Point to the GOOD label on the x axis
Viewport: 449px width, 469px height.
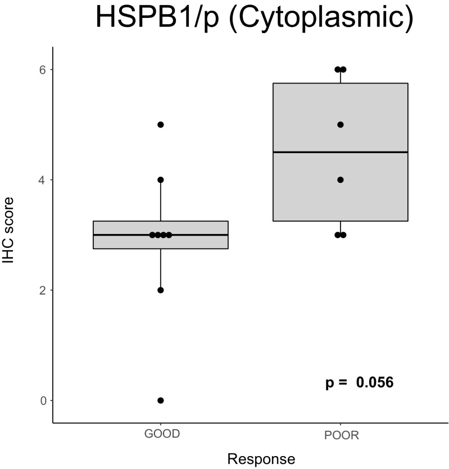coord(161,435)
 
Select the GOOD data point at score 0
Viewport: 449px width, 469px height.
coord(161,401)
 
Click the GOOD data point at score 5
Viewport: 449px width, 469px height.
coord(161,125)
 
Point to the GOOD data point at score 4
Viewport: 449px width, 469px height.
coord(161,180)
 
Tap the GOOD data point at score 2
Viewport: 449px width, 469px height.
coord(161,290)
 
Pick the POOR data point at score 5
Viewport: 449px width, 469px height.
coord(341,125)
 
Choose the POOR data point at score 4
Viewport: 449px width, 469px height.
coord(341,180)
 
